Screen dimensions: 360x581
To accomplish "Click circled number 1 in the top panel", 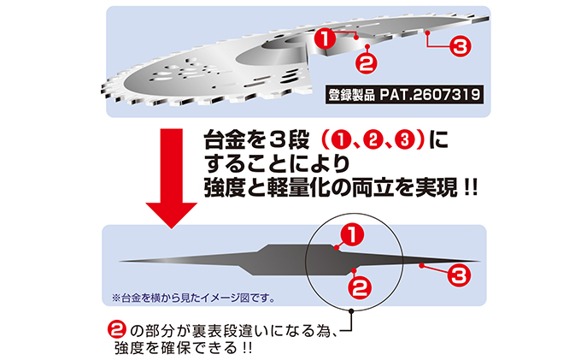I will click(324, 38).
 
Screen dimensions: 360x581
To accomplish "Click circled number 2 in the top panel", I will click(364, 62).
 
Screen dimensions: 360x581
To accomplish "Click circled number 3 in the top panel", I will click(460, 48).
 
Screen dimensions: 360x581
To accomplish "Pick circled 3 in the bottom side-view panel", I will click(458, 275).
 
